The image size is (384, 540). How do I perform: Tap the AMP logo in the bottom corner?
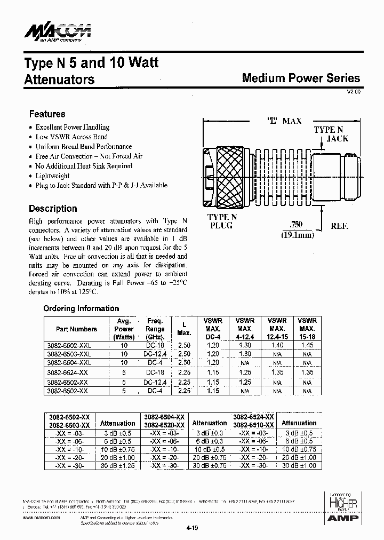(x=345, y=518)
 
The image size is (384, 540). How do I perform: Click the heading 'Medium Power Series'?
(x=301, y=78)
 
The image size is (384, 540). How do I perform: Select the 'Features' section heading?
(x=47, y=114)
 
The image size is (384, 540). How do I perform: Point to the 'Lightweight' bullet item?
(x=52, y=176)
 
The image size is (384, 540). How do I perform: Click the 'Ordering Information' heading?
(x=81, y=308)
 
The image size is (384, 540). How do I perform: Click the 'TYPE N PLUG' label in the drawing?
(x=222, y=221)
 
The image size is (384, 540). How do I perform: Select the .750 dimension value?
(x=297, y=225)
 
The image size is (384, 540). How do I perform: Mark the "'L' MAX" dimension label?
(x=284, y=121)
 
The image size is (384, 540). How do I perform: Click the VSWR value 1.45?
(x=307, y=346)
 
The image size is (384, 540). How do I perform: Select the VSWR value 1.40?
(x=277, y=346)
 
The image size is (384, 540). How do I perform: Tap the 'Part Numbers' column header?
(x=76, y=329)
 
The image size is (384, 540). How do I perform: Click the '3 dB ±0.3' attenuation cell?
(x=210, y=433)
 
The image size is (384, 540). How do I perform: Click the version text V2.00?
(x=354, y=92)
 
